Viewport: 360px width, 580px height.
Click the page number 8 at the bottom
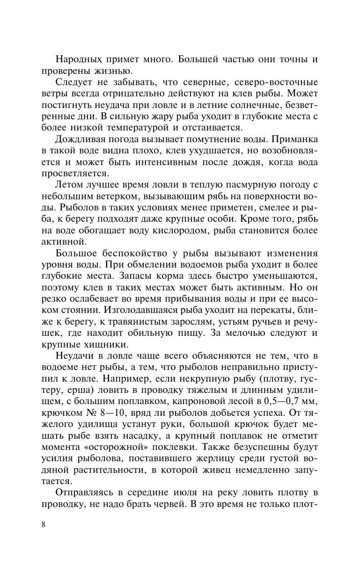44,524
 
